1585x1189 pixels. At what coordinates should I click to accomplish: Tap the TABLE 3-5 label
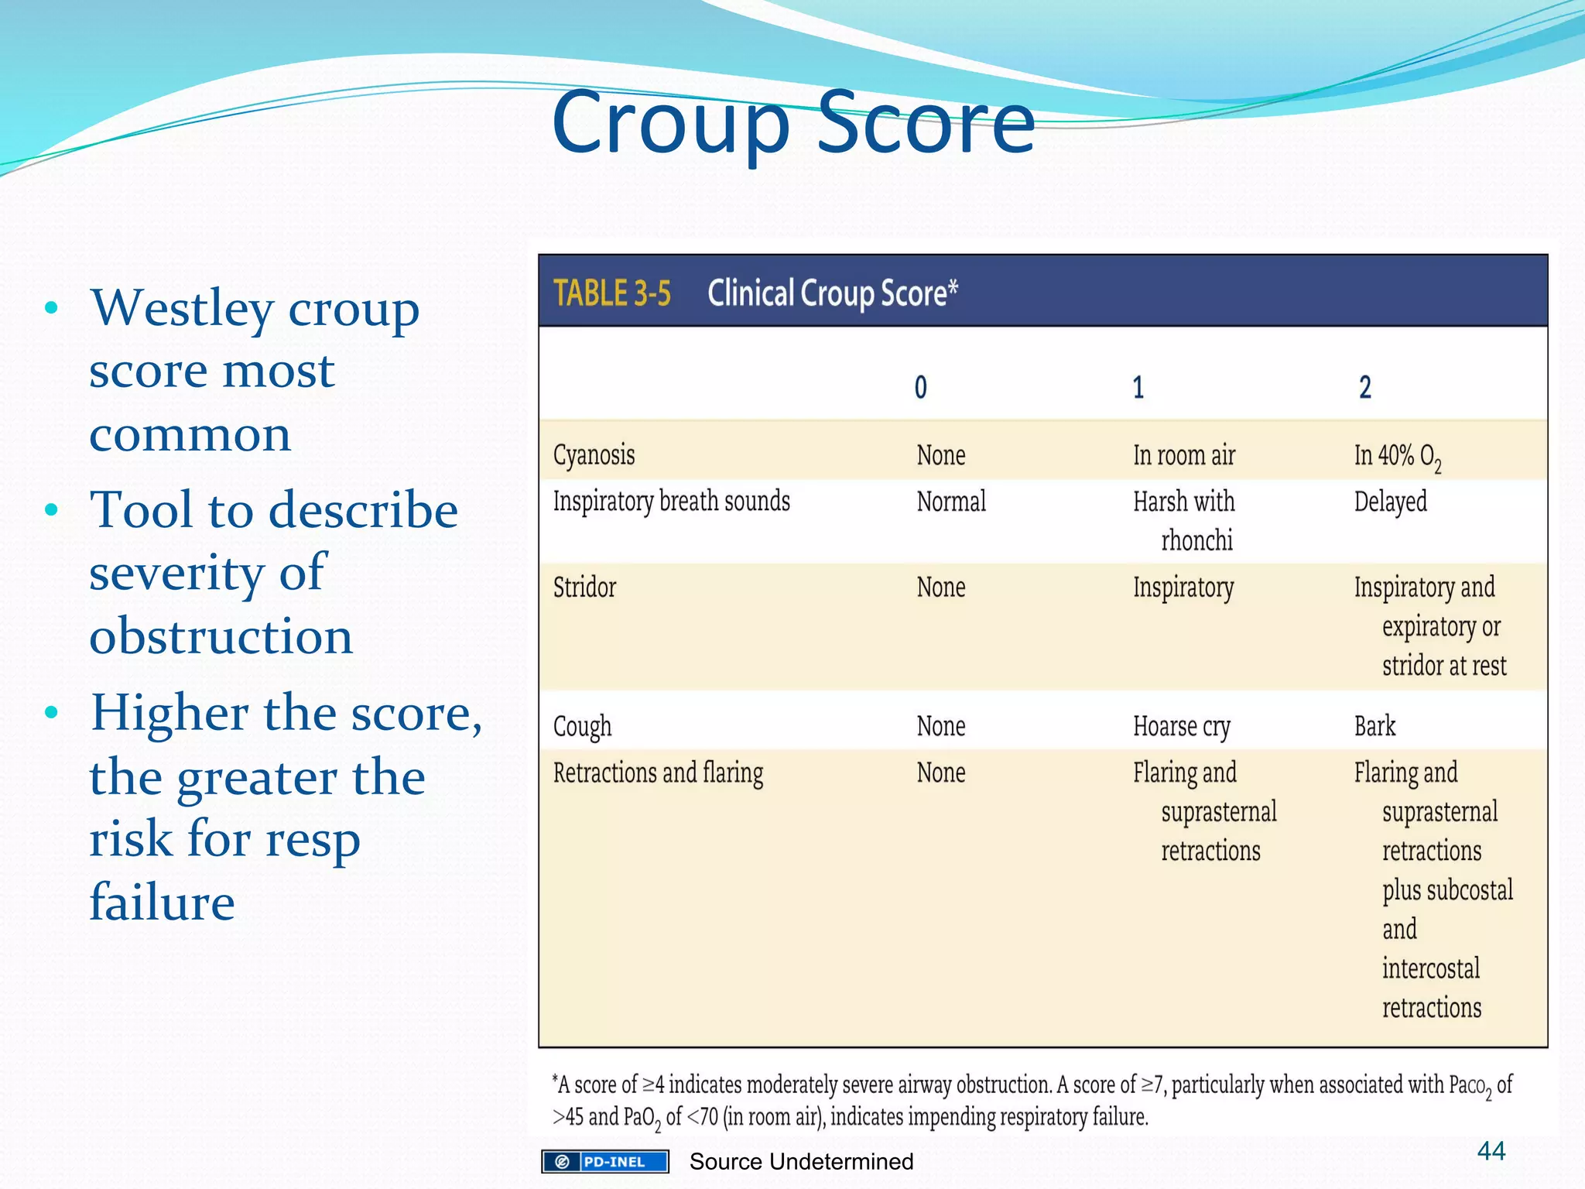(611, 293)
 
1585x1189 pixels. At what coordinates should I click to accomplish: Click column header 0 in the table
(920, 387)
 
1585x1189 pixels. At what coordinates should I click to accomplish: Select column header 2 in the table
(1364, 387)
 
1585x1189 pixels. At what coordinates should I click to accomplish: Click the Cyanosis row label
(594, 455)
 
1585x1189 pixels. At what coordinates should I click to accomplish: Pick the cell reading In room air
(1183, 455)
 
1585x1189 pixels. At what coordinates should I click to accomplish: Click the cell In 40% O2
(1396, 456)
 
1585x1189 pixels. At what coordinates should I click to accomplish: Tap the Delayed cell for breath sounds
(1390, 502)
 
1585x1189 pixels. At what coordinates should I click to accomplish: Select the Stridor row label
(584, 588)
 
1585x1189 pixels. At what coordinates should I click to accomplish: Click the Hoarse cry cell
(1181, 726)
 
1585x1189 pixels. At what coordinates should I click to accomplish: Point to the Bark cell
(1374, 726)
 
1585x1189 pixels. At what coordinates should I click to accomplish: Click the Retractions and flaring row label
(658, 773)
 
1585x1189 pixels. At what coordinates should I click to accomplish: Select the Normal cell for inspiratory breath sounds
(951, 502)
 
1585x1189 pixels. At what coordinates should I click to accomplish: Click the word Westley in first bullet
(181, 308)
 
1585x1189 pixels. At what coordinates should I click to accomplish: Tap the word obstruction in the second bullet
(221, 636)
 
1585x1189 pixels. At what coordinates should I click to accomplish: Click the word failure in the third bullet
(162, 902)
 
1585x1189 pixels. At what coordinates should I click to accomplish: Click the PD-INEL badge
(605, 1161)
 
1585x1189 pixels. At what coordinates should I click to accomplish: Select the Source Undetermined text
(801, 1161)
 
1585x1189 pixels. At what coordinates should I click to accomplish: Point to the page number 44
(1491, 1151)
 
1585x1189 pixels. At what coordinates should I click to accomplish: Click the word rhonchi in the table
(1196, 540)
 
